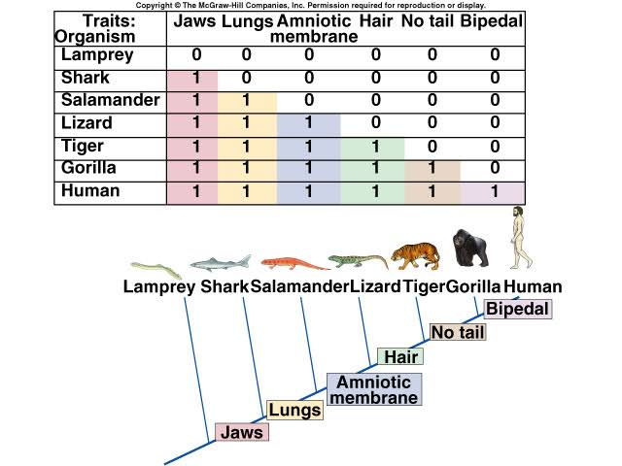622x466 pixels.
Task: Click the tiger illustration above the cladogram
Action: [x=416, y=256]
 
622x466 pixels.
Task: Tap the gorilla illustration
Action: [x=470, y=249]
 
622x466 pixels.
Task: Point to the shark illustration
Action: [x=221, y=263]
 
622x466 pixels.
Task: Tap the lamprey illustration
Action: [x=156, y=270]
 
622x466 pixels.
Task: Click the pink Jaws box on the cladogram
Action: [x=242, y=432]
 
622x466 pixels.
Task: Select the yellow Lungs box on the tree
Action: [x=294, y=410]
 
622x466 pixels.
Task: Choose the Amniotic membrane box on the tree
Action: [x=374, y=389]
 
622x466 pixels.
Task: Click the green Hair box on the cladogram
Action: [x=400, y=356]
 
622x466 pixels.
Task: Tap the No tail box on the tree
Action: [x=458, y=332]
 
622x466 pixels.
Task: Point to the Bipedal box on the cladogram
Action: [x=518, y=309]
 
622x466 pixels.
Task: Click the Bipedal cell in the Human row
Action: [x=494, y=192]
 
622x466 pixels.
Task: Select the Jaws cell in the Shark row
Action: [x=192, y=79]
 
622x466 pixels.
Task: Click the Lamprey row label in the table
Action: [x=97, y=55]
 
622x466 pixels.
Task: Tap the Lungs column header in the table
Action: [x=247, y=21]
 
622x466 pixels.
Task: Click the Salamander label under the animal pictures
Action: [x=299, y=286]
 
